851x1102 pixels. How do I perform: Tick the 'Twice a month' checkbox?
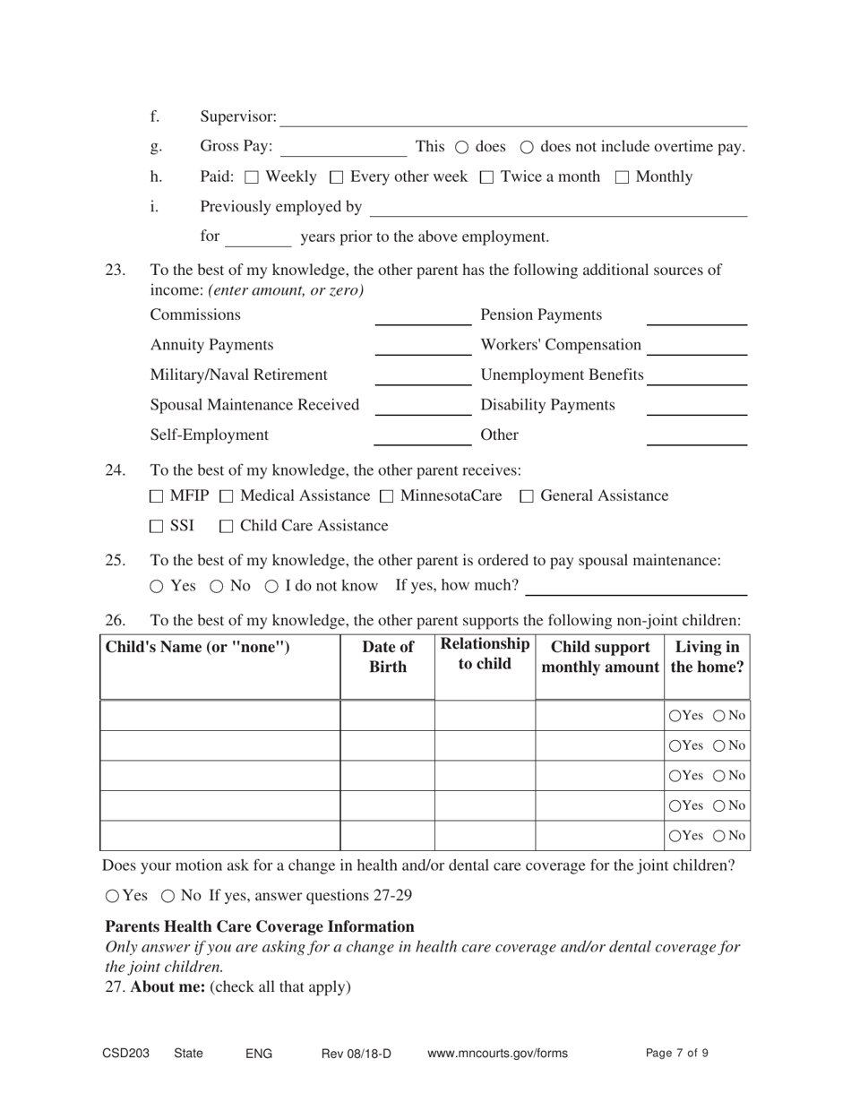point(486,177)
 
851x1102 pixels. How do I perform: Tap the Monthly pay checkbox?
point(622,177)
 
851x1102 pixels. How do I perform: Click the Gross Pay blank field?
point(343,148)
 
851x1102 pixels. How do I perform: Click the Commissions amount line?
point(422,316)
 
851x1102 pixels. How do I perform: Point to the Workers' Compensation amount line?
point(697,347)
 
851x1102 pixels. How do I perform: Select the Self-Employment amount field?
point(422,436)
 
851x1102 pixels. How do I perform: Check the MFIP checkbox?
point(157,496)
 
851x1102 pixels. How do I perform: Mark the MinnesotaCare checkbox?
point(386,496)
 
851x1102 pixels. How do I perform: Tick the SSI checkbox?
point(157,527)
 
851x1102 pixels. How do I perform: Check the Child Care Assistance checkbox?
point(227,527)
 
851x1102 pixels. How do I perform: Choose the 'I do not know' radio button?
point(271,587)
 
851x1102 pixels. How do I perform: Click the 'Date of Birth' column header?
point(387,658)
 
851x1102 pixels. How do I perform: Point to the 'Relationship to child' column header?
point(485,655)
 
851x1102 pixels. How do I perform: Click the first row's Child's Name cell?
point(219,715)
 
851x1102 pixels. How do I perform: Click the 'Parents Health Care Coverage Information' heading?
point(260,926)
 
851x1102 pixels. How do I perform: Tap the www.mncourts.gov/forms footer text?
point(497,1054)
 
